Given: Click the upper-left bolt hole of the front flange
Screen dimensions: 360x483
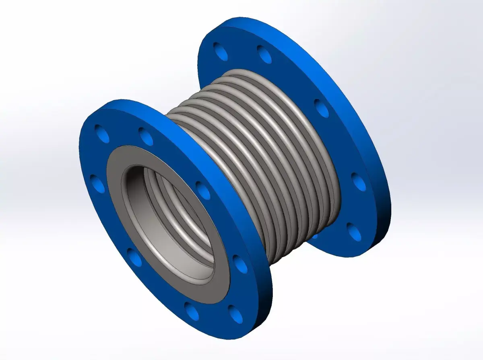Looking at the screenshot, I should click(102, 134).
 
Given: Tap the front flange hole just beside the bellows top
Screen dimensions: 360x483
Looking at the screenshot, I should click(146, 136).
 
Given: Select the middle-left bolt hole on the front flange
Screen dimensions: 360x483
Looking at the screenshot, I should click(97, 184).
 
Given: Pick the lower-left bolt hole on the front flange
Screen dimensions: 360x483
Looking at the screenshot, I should click(135, 257).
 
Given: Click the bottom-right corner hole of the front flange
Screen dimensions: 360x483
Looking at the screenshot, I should click(236, 313).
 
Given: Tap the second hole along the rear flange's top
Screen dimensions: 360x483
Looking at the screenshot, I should click(264, 54).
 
